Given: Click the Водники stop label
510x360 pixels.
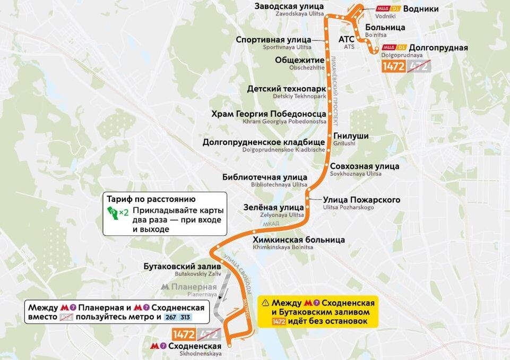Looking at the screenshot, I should pos(421,9).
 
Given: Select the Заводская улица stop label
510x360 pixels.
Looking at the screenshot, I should pos(289,6).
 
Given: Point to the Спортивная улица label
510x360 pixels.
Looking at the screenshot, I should pos(273,40).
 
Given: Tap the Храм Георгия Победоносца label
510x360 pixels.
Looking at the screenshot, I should pos(269,114).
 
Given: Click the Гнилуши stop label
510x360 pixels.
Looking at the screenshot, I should pos(351,136).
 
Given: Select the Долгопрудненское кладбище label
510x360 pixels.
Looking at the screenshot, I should pos(263,142).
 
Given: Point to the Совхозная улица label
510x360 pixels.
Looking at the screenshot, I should pos(365,166).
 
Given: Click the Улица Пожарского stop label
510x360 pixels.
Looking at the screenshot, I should pos(361,200).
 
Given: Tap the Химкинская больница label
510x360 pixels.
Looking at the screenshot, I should pos(299,240).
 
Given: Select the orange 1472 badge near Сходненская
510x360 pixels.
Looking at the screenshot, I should pos(184,334).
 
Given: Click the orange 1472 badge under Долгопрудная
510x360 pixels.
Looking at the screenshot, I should pos(394,66).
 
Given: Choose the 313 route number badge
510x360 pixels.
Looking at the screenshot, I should pos(185,317).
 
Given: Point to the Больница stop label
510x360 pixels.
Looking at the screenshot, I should pos(386,28).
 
